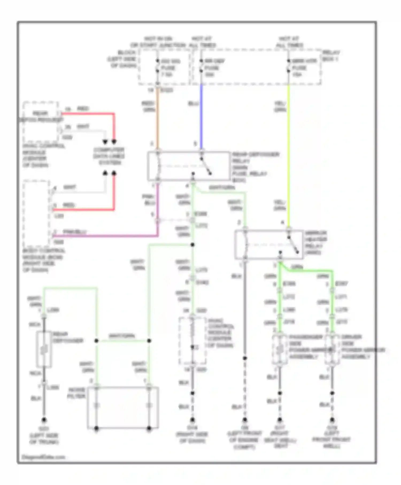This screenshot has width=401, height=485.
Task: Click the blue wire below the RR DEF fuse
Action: coord(201,118)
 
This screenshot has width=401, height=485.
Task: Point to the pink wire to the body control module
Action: coord(107,236)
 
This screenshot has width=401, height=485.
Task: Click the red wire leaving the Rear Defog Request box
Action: coord(88,114)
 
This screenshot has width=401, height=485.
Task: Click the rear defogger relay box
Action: coord(188,166)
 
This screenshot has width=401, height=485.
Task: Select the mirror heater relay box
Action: coord(269,244)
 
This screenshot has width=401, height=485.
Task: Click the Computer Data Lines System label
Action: coord(109,156)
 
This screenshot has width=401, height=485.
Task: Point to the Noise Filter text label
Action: coord(77,393)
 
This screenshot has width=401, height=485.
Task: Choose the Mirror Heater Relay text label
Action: coord(316,243)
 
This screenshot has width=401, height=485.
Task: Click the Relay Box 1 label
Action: coord(331,55)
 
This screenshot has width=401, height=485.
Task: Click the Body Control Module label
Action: coord(43,260)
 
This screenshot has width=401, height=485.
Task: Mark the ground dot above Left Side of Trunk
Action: coord(44,420)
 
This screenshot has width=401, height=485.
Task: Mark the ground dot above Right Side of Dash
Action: coord(192,420)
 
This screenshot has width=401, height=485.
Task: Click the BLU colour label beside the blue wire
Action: coord(193,103)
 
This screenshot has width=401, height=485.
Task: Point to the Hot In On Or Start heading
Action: coord(158,42)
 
